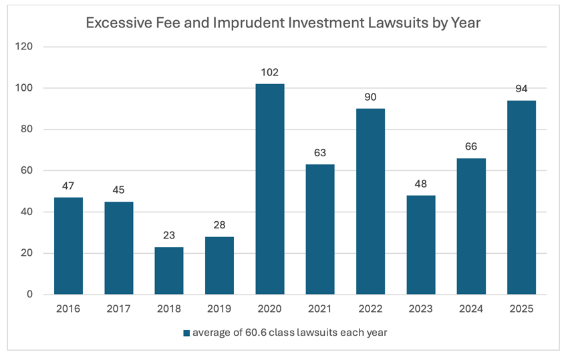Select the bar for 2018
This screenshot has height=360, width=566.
coord(169,271)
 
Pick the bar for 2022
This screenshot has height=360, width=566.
coord(370,201)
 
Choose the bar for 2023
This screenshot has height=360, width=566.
coord(420,244)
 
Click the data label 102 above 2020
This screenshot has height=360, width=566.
coord(270,72)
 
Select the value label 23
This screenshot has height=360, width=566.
coord(169,236)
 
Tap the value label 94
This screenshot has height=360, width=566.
coord(521,89)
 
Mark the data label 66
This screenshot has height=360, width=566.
coord(471,147)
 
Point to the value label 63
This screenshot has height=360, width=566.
coord(320,153)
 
